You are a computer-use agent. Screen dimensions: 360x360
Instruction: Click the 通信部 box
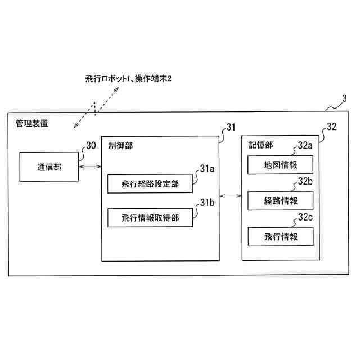49,167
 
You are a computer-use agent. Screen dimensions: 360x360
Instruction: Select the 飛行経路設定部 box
150,184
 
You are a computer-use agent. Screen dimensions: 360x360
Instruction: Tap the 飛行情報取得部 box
150,218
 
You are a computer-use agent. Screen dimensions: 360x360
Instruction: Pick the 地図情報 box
280,165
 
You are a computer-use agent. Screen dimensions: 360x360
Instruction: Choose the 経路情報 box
280,201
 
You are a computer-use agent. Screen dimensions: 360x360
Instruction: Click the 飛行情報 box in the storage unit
280,237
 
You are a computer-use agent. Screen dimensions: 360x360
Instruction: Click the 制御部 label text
121,145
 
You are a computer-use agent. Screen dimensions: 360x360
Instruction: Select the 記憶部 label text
260,145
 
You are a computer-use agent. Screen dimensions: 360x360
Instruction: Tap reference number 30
91,145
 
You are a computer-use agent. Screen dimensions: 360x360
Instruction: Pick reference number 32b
305,181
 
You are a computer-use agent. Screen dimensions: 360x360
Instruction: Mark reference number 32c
305,217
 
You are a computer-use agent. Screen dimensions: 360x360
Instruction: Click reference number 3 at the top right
344,99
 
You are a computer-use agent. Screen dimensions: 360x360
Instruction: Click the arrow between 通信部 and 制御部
90,166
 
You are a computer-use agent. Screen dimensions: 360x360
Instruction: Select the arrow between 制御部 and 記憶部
230,195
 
